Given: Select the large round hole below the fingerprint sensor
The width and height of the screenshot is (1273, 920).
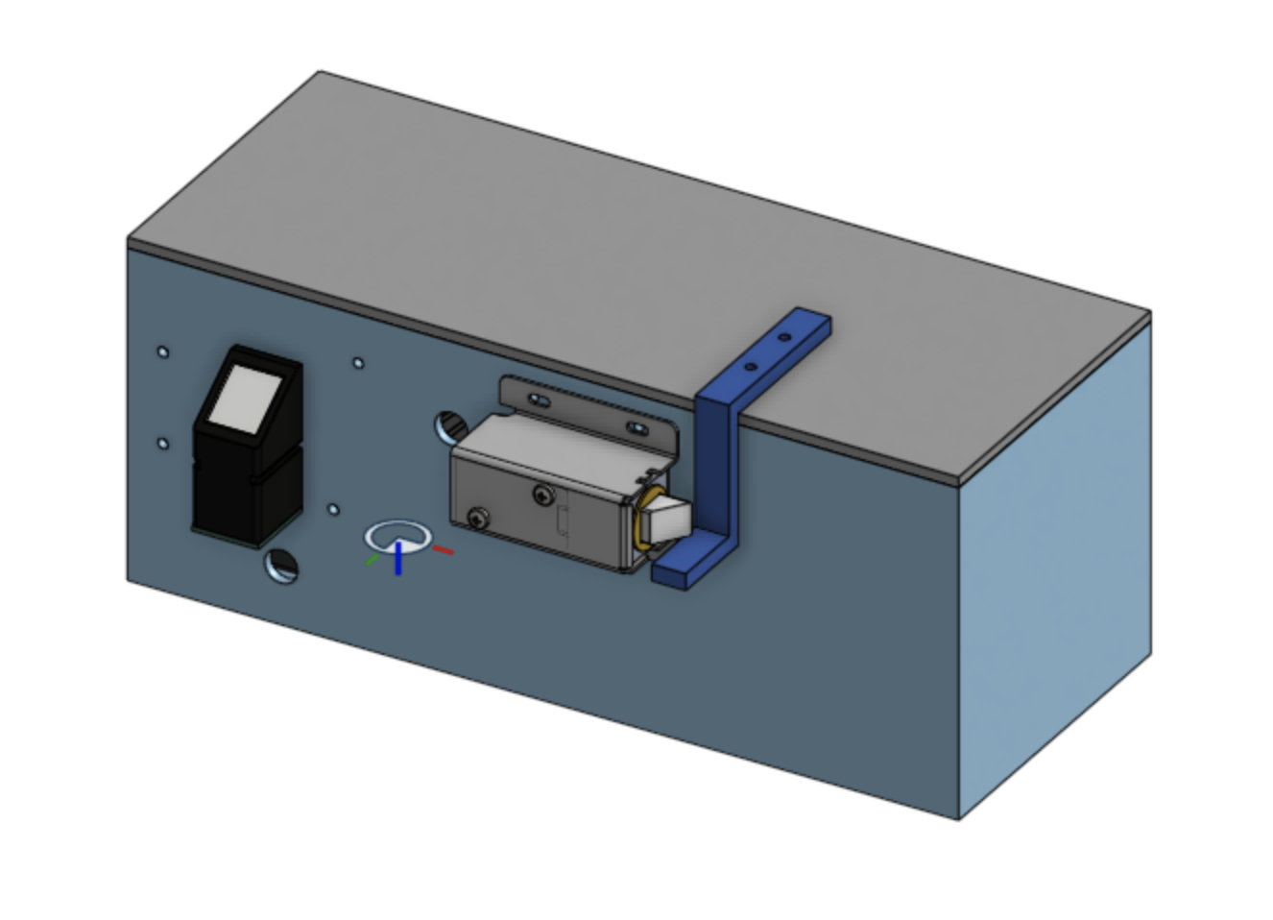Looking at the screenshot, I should (281, 566).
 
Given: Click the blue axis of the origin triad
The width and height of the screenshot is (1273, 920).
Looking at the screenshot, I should (397, 559).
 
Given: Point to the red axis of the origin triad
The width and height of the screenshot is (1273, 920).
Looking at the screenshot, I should (443, 550).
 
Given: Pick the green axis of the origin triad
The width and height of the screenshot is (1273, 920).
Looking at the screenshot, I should (372, 559).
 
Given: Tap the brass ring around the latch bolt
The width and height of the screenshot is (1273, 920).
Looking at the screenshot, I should (640, 523).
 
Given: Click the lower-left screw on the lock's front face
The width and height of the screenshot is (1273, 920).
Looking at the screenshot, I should (477, 520).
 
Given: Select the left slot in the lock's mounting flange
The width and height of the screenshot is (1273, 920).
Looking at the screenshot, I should (540, 399).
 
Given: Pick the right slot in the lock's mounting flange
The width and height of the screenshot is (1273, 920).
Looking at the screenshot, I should (636, 427).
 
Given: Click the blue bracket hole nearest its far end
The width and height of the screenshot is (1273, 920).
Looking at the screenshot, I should (784, 338).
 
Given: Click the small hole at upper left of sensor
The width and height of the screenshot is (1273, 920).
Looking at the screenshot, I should (162, 352).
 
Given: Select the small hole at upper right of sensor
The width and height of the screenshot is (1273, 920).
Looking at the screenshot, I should (358, 363).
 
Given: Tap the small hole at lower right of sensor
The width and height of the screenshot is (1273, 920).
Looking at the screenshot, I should (333, 509).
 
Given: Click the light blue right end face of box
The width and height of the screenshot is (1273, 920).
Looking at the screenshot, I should (1056, 567).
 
